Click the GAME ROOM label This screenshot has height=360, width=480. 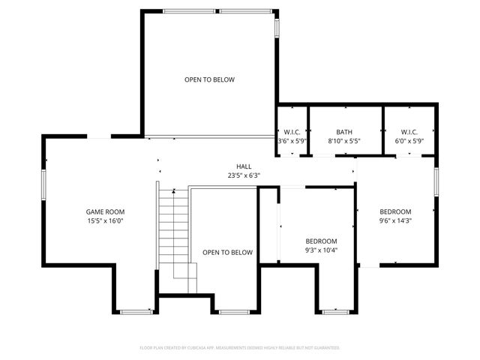[x=104, y=211]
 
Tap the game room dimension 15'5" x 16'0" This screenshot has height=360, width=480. [x=104, y=221]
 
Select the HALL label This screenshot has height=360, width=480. [x=244, y=166]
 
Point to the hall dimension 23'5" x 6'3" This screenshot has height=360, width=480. [x=244, y=175]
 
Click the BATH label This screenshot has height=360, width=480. [x=344, y=131]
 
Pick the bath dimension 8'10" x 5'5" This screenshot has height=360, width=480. [x=344, y=140]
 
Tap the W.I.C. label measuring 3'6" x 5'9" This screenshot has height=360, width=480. [x=292, y=131]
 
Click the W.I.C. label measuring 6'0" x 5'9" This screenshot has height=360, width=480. [x=408, y=131]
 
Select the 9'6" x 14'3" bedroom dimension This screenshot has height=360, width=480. [x=395, y=220]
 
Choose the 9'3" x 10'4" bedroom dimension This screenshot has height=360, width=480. [x=321, y=250]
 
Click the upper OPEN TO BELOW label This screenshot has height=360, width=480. [x=210, y=79]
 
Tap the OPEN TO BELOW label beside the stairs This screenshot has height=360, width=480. [x=227, y=253]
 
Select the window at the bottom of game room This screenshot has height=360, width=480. [x=135, y=311]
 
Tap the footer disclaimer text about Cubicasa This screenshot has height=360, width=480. [x=240, y=348]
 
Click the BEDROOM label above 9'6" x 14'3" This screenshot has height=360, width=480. [x=395, y=211]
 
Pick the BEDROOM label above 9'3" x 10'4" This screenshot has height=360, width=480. [x=321, y=241]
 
